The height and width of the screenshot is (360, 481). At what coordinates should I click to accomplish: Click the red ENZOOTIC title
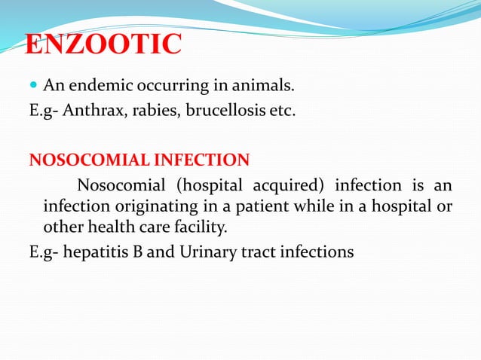click(x=103, y=44)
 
